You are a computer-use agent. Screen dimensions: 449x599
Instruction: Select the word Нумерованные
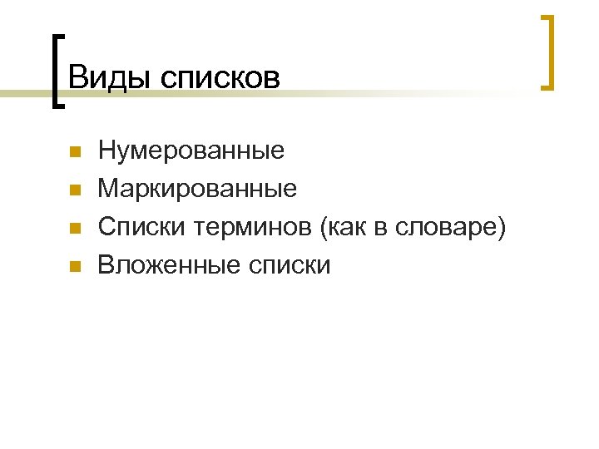click(191, 150)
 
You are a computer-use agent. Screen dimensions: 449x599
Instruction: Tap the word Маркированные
click(197, 189)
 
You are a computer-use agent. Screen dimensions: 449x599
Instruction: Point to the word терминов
click(253, 227)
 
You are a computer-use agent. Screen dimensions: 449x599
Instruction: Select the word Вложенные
click(170, 265)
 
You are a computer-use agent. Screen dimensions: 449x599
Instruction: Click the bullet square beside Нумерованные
click(74, 153)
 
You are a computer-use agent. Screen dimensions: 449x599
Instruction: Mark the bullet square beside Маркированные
click(74, 191)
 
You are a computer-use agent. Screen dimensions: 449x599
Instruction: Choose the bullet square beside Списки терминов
click(74, 229)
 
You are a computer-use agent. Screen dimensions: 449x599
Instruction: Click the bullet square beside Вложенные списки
click(74, 267)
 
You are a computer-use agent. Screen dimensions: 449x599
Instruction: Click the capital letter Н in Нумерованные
click(106, 150)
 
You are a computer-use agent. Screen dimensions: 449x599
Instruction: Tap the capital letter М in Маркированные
click(108, 189)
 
